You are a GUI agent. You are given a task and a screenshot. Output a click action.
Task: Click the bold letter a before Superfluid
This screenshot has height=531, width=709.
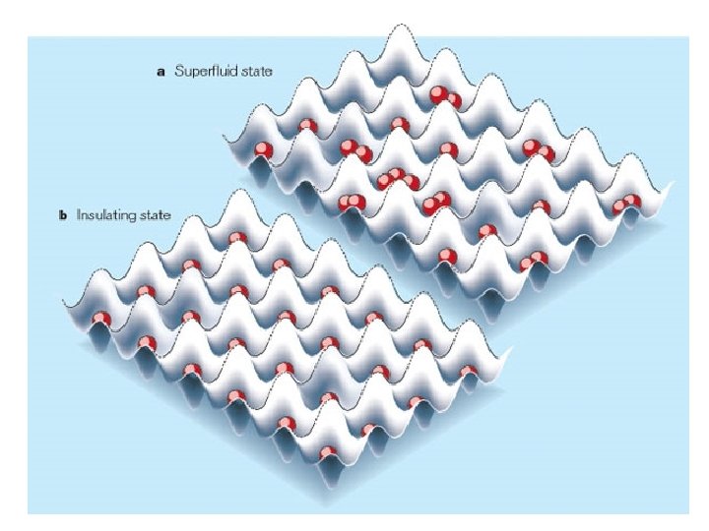(161, 72)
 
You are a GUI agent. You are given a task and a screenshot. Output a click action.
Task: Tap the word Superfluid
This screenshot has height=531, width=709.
(202, 72)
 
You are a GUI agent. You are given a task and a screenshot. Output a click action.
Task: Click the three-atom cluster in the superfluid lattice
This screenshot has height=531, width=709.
(397, 179)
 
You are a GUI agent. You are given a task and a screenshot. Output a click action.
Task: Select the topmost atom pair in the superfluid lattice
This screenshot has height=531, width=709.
(445, 97)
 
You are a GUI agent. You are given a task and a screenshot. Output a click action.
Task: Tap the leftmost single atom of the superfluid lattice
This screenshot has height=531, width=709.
(263, 150)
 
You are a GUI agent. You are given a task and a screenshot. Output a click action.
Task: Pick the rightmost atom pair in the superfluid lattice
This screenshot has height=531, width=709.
(626, 204)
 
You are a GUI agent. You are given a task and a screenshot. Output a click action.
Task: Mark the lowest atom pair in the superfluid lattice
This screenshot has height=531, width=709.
(534, 261)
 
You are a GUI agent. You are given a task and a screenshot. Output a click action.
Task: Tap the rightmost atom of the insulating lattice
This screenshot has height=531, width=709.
(469, 372)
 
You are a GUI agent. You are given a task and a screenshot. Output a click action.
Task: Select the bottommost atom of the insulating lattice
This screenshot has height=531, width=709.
(330, 453)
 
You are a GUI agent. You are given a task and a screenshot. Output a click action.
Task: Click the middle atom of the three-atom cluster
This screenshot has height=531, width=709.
(398, 177)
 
